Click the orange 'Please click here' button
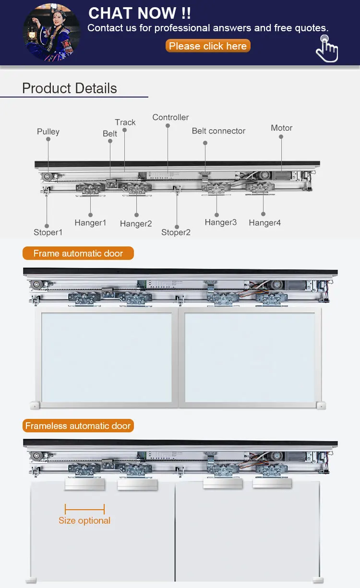[x=208, y=46]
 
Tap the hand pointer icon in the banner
[x=327, y=49]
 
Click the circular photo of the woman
[x=52, y=33]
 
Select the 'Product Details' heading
[x=70, y=88]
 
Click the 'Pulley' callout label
[x=48, y=132]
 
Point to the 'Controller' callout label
[x=170, y=117]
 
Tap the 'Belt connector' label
[x=218, y=131]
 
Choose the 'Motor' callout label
[x=281, y=128]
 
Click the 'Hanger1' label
[x=90, y=223]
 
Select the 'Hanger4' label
[x=264, y=223]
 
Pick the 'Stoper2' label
[x=176, y=233]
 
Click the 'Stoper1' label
[x=48, y=233]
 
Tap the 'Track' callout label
[x=125, y=122]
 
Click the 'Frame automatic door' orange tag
[x=78, y=253]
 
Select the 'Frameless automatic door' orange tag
[x=78, y=426]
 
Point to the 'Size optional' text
[x=84, y=520]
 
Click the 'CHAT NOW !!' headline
[x=140, y=13]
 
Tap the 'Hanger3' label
[x=220, y=222]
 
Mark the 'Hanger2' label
[x=136, y=224]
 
